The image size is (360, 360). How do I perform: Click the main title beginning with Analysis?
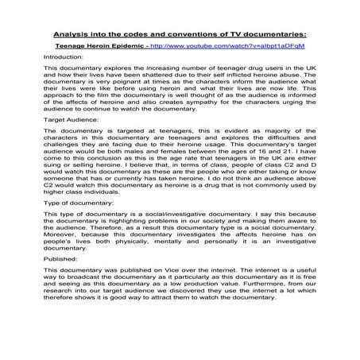click(180, 34)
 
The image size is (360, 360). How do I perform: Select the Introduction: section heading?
click(67, 58)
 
